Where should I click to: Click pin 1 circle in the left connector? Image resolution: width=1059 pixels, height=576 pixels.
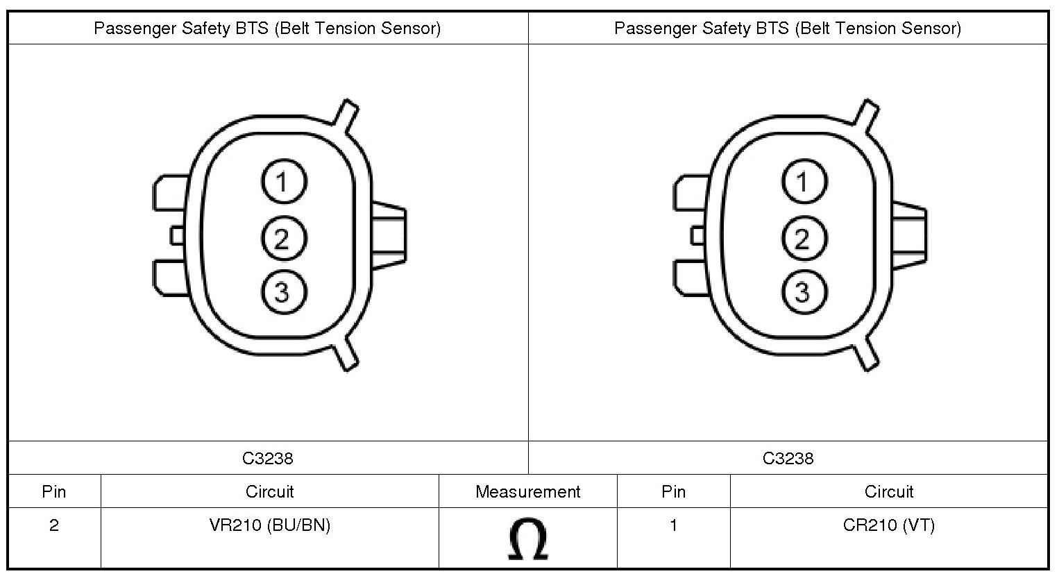tap(284, 182)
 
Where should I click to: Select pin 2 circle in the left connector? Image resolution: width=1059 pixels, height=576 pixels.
tap(284, 238)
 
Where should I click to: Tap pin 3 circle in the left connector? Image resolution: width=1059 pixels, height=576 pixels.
tap(284, 291)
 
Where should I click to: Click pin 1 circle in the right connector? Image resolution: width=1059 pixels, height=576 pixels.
tap(804, 182)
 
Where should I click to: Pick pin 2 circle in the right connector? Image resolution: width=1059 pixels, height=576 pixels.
tap(804, 238)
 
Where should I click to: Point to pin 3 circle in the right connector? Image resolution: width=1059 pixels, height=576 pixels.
tap(804, 291)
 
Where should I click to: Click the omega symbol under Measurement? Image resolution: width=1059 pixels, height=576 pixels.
tap(528, 539)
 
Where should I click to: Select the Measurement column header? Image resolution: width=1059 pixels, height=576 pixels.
tap(527, 492)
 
